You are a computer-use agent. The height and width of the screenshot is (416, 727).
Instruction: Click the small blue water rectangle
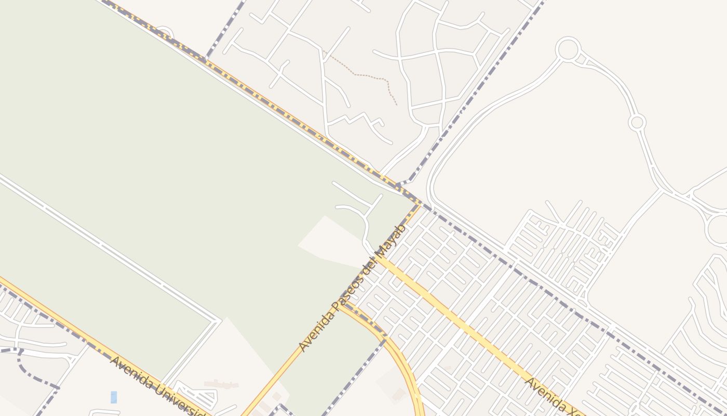tap(114, 397)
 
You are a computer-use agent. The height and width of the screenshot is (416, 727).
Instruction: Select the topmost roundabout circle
tap(568, 49)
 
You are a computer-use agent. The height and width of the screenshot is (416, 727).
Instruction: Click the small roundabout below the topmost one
tap(637, 123)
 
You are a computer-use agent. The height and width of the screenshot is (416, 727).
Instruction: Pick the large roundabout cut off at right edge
tap(719, 229)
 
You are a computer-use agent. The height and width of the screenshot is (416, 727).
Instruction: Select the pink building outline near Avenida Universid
tap(221, 384)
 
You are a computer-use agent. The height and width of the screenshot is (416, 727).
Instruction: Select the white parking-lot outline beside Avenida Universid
tap(197, 396)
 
